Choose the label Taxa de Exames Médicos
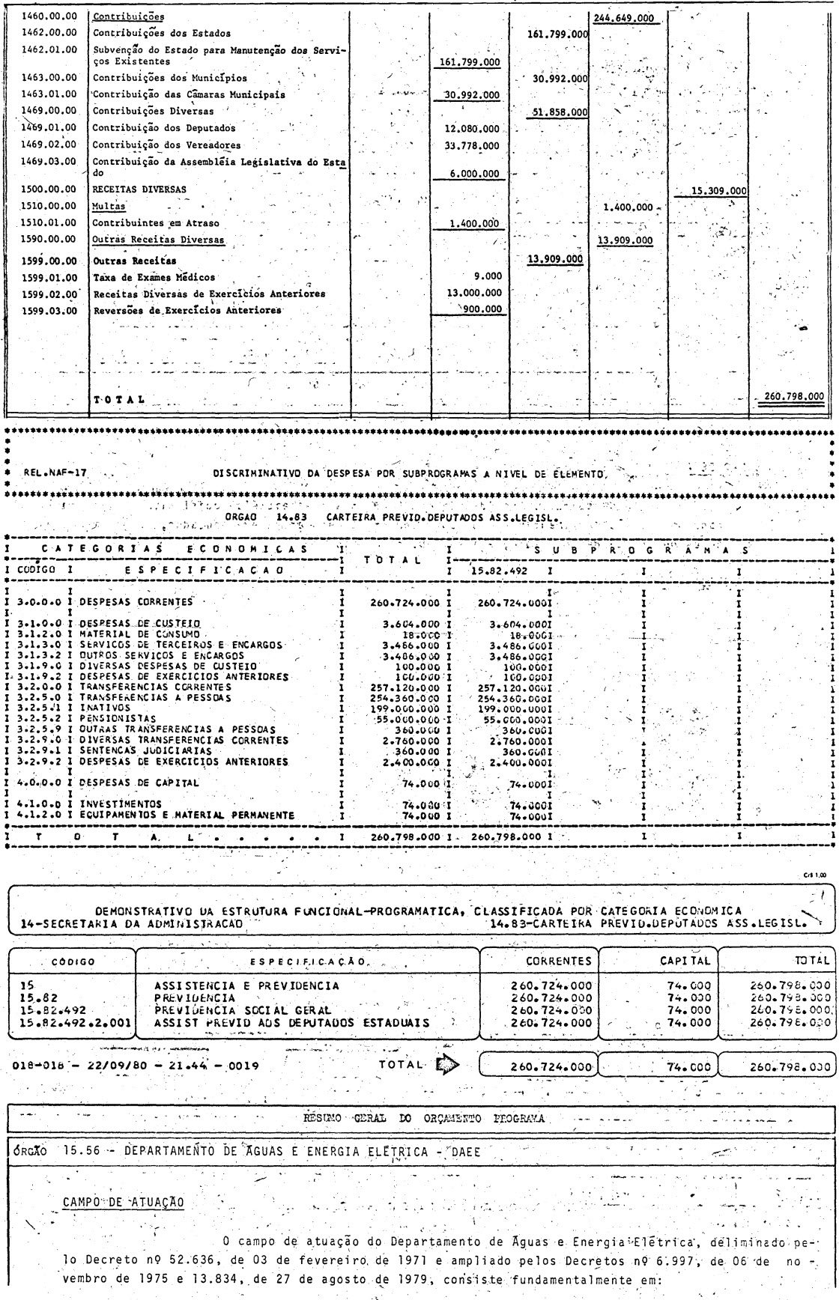(154, 277)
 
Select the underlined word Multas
(109, 206)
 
